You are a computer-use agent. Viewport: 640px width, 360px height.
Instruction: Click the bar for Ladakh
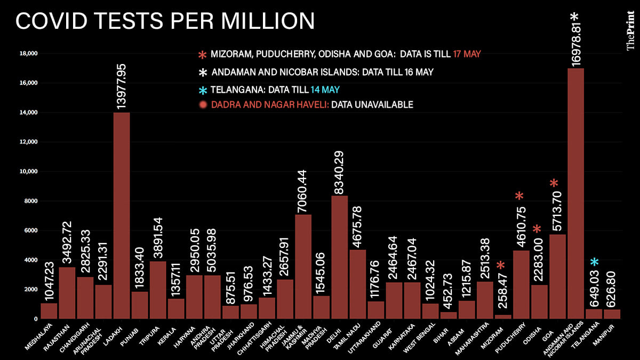click(122, 215)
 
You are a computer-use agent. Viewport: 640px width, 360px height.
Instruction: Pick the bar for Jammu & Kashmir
click(303, 266)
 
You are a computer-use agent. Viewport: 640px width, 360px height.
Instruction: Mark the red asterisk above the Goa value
click(555, 184)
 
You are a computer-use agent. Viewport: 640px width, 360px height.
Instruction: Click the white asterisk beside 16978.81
click(588, 17)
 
